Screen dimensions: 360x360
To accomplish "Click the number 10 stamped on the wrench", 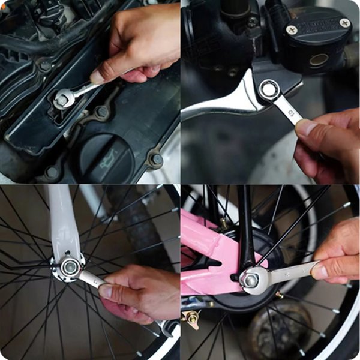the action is (292, 113).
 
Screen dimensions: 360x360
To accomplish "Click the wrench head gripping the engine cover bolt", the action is (62, 98).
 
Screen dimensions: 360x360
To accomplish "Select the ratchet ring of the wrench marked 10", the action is (269, 89).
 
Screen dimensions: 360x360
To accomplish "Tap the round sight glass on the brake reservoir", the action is (319, 61).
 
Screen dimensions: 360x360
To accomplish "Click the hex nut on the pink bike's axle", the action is (249, 279).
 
